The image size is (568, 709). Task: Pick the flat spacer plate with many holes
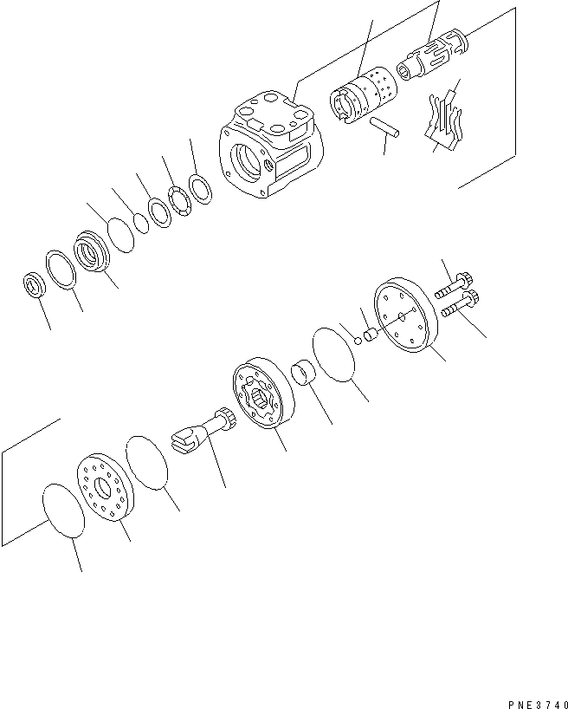coord(104,487)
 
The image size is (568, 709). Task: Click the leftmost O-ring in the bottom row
coord(63,515)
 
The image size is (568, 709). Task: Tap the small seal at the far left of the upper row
coord(34,283)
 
